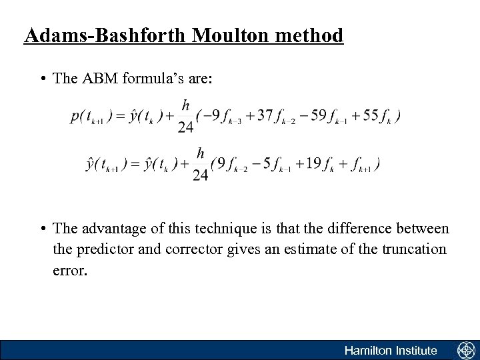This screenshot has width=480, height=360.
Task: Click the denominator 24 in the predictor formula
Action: [x=187, y=127]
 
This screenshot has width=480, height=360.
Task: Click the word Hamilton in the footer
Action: [x=367, y=350]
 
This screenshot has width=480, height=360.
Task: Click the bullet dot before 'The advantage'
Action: [x=43, y=230]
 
